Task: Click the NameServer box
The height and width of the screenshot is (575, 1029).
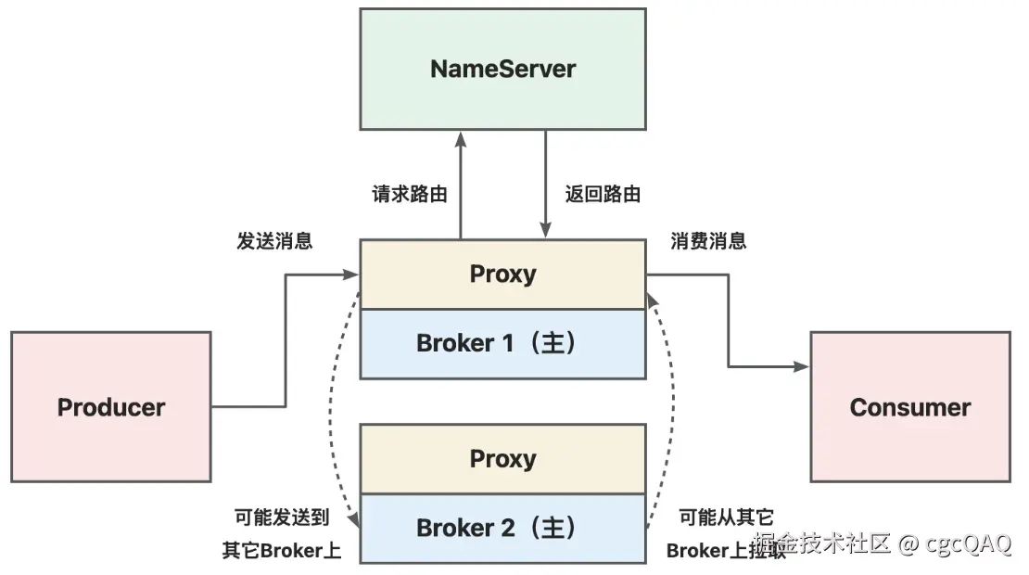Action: pos(502,70)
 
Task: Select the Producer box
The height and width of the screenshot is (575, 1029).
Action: pos(111,407)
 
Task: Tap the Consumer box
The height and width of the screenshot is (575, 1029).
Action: pos(909,407)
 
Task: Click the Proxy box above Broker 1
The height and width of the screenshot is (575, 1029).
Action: pos(502,275)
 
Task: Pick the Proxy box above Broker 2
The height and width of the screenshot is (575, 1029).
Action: pos(502,459)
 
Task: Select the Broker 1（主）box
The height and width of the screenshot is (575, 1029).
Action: pos(502,343)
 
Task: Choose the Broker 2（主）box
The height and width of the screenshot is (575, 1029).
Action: pos(502,529)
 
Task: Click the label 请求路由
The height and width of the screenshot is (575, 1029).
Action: pos(409,195)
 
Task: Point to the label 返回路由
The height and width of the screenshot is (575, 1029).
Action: pos(603,195)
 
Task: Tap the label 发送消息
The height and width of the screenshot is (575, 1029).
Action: pos(274,241)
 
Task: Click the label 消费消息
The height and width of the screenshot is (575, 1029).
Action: pos(708,241)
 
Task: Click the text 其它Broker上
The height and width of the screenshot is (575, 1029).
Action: pos(282,550)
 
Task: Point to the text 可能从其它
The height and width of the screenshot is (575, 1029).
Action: pos(726,517)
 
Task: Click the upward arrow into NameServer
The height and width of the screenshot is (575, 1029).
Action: pos(459,185)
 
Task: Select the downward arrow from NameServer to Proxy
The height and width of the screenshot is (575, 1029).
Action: pos(546,185)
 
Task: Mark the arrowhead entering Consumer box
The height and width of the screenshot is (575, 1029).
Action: pos(803,367)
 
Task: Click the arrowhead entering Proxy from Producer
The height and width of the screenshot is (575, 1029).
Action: pos(352,275)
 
